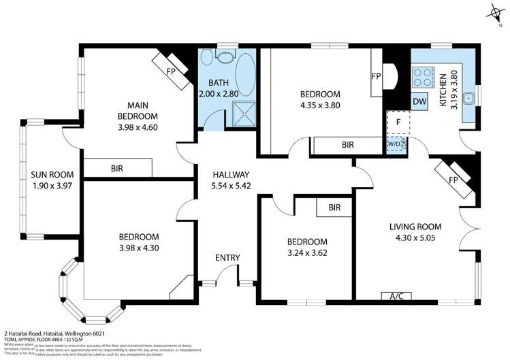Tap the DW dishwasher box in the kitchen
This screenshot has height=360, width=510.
[x=419, y=101]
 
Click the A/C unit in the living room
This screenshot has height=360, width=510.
[x=396, y=296]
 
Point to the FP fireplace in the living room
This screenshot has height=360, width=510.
[x=458, y=179]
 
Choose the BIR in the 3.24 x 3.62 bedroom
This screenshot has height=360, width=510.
[x=334, y=207]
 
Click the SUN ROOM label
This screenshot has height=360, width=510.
[x=47, y=174]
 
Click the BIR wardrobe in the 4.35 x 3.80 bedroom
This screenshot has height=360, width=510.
[x=347, y=145]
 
